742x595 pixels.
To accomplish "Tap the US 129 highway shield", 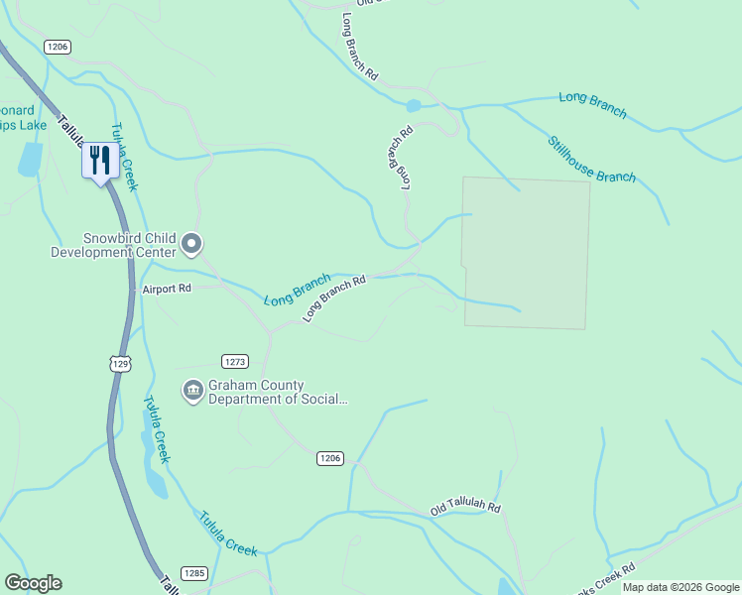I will [x=120, y=364].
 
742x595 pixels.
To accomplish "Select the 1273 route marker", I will [x=234, y=362].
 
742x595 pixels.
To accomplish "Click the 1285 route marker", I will [x=195, y=573].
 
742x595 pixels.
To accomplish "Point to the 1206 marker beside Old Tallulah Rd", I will [x=330, y=458].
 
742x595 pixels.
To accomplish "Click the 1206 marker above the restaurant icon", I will [x=58, y=47].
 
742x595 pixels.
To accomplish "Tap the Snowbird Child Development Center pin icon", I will [x=192, y=243].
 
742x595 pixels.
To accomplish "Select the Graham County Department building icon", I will [x=192, y=392].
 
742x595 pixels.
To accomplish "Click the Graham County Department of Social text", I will [x=278, y=393].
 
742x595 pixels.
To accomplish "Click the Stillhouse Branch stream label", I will [x=592, y=159].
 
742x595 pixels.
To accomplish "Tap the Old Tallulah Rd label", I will [x=465, y=509].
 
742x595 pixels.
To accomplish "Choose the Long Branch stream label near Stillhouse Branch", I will [x=592, y=104].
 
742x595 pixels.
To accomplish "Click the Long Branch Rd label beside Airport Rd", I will [x=334, y=297].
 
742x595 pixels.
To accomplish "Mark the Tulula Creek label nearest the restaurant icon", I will [x=124, y=157].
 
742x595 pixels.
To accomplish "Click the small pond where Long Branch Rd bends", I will [x=414, y=105].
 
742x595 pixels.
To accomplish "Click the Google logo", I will [x=33, y=583].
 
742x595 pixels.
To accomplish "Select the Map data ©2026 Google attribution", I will [x=680, y=587].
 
